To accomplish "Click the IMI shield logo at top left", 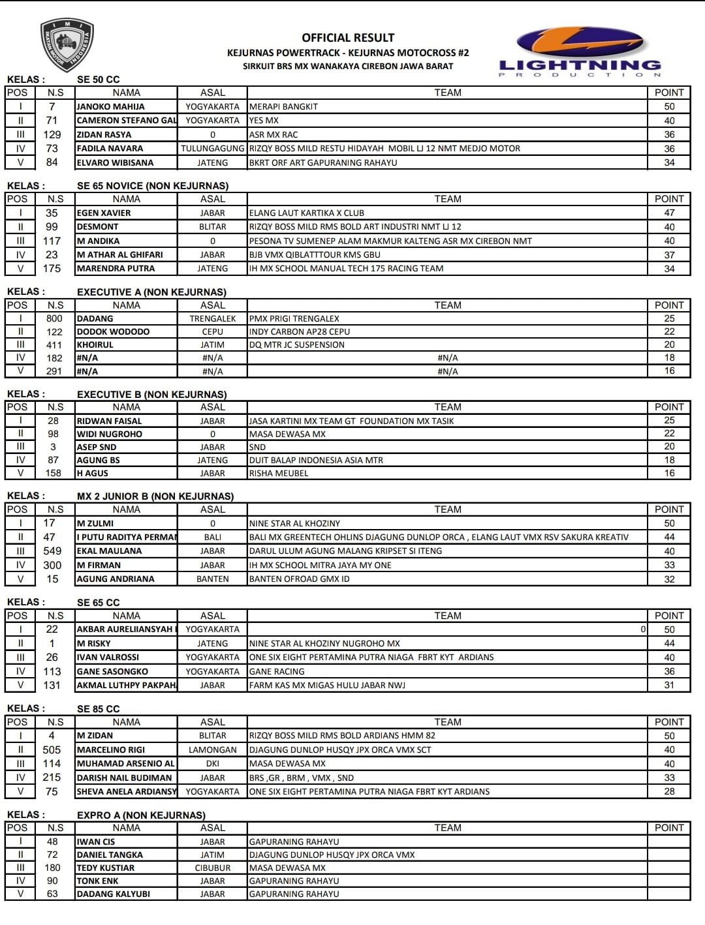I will point(67,44).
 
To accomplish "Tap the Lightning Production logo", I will point(580,52).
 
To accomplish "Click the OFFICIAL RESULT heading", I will point(348,38).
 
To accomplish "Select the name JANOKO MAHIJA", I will point(111,106).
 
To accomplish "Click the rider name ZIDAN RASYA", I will point(104,134).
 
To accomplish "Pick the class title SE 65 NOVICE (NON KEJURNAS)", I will point(153,186).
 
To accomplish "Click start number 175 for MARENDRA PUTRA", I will point(52,268).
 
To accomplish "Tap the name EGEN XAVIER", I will point(104,213).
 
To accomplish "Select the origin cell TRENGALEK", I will point(213,318).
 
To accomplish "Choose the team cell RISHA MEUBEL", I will point(279,473).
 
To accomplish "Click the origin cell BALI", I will point(213,537).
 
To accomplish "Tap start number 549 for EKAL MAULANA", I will point(52,551).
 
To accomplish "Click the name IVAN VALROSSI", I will point(108,657).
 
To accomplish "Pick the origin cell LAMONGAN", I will point(213,750).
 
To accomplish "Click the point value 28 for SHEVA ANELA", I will point(669,791).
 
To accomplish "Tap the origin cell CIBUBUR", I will point(213,868).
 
